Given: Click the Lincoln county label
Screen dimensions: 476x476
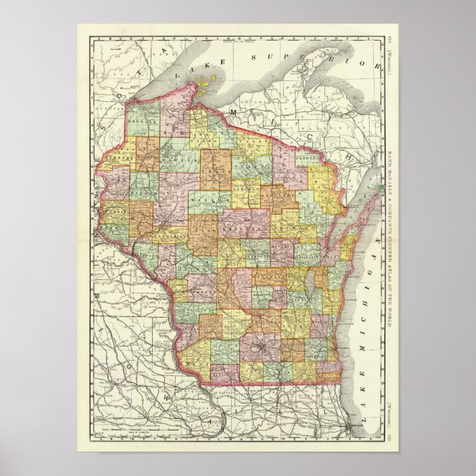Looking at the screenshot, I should coord(247,190).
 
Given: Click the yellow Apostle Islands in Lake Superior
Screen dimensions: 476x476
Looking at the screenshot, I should coord(202,86).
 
